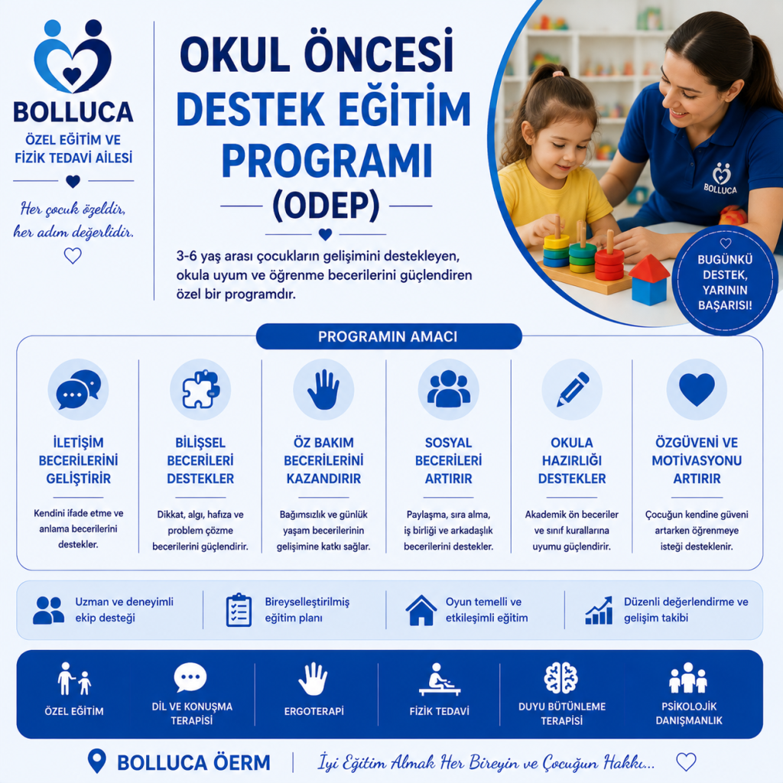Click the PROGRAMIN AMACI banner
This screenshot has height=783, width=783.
388,336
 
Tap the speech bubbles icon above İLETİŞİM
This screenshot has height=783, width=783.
79,389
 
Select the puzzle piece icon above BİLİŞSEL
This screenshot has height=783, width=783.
200,389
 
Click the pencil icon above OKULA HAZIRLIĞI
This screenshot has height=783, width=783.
572,389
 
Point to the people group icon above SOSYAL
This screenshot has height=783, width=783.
448,388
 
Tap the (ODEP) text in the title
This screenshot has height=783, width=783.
326,205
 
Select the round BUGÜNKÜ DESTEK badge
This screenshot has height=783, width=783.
725,280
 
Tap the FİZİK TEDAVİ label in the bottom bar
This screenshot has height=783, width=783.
440,711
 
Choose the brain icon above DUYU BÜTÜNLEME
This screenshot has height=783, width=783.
560,678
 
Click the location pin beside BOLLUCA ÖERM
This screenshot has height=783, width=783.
97,761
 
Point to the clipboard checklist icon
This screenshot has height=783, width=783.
239,609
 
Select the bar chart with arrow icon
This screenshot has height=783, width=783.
599,610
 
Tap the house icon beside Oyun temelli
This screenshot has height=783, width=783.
421,610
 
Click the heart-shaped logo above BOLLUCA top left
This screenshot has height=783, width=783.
73,57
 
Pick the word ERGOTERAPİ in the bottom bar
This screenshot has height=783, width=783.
314,711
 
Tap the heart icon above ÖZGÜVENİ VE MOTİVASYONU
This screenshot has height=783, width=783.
697,389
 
